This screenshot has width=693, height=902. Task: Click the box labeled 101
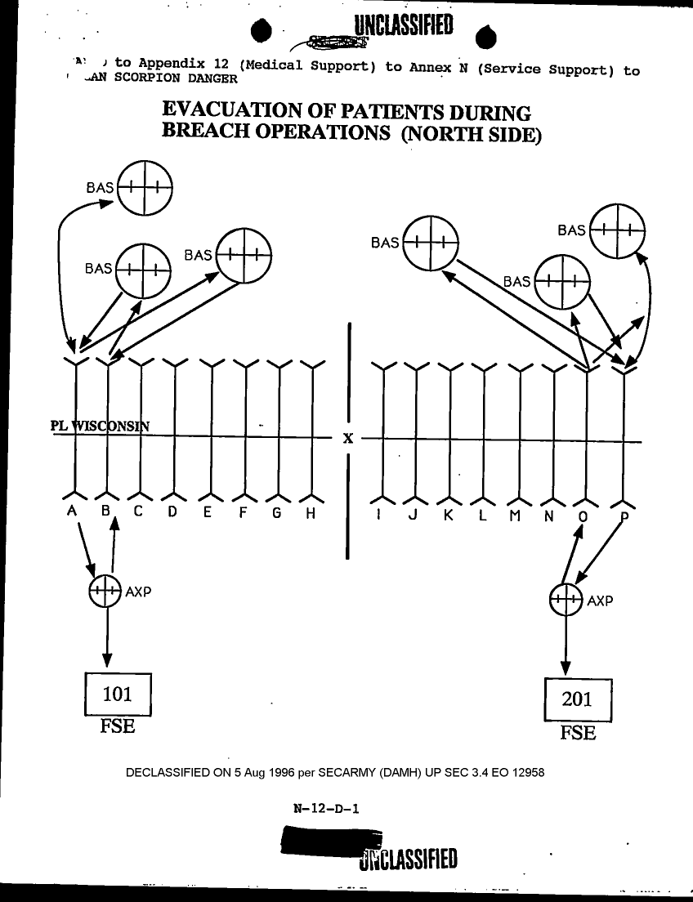point(118,694)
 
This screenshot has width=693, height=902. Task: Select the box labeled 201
point(578,699)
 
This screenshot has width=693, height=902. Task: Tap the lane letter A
point(72,513)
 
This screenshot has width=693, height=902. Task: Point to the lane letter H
point(311,514)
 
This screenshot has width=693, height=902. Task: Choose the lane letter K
point(449,516)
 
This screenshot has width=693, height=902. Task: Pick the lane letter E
point(208,514)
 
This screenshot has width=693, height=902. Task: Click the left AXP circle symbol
point(105,591)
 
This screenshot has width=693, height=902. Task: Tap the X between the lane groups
point(348,439)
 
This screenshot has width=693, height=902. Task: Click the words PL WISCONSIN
point(99,425)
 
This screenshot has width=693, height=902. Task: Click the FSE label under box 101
point(117,726)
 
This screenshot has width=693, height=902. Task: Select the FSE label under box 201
point(578,732)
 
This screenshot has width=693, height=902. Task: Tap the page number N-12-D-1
point(327,809)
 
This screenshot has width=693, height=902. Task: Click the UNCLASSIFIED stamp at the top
point(404,27)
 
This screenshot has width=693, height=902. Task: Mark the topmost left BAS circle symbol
point(145,187)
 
